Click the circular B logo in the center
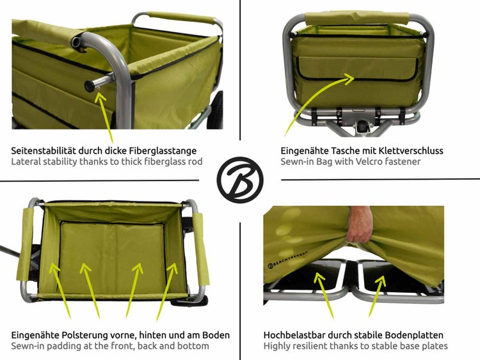pyautogui.click(x=240, y=180)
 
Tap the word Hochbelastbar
pyautogui.click(x=296, y=334)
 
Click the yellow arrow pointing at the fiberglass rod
pyautogui.click(x=106, y=118)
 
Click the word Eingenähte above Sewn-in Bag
pyautogui.click(x=305, y=150)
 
